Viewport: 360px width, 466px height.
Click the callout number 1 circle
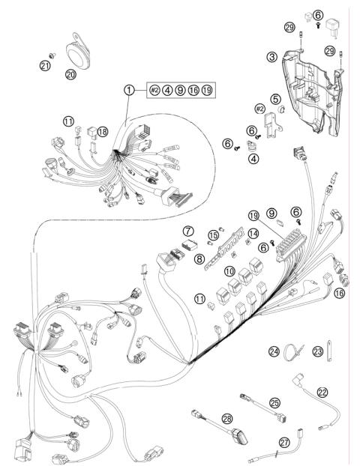pos(130,90)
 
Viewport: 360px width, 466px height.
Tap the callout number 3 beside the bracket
pos(271,56)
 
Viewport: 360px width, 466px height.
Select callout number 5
pos(275,98)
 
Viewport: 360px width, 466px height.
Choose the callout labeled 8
pos(199,258)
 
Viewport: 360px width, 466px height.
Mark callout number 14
pos(253,234)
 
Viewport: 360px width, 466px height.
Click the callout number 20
pos(71,75)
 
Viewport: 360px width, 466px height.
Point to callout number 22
pos(322,392)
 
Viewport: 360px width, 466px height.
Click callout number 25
pos(275,403)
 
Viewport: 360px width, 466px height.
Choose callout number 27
pos(284,443)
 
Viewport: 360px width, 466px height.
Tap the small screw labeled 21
pos(50,54)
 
